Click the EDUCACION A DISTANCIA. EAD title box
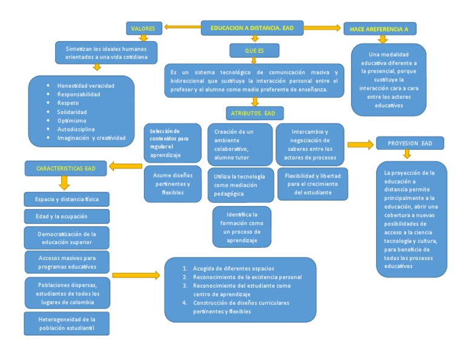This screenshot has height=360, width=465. (252, 28)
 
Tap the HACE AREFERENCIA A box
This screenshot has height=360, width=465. (379, 29)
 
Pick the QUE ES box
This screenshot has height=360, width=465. (254, 51)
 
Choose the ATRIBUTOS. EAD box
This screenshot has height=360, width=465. (254, 113)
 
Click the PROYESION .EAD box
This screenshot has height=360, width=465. (410, 143)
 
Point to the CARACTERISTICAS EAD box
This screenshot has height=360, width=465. (65, 167)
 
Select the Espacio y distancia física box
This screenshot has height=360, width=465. (67, 199)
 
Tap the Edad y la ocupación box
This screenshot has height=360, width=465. (67, 216)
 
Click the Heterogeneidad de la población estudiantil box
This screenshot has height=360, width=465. (67, 323)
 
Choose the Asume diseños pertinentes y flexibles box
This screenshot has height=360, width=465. (173, 184)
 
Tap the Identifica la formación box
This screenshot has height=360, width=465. (242, 227)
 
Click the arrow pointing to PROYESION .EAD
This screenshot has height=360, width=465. (360, 144)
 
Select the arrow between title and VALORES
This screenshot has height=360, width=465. (182, 27)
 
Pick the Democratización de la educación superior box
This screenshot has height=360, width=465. (67, 237)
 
